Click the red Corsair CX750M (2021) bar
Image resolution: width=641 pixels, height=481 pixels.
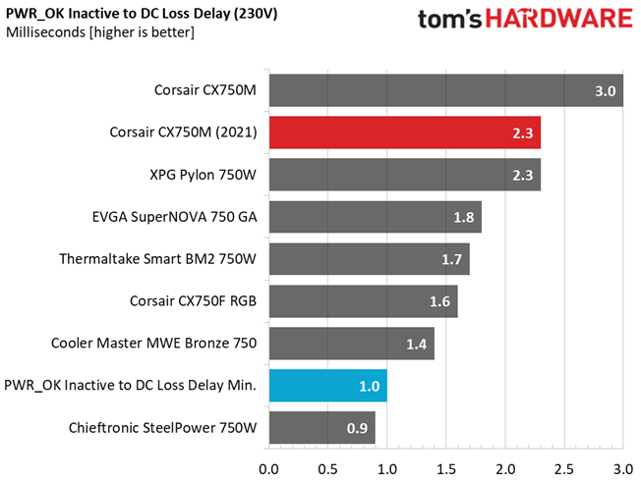point(405,133)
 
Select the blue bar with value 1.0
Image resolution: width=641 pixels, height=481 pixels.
point(328,386)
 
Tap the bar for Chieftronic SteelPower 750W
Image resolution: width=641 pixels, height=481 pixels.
point(322,428)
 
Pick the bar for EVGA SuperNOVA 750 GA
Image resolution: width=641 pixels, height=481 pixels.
point(376,217)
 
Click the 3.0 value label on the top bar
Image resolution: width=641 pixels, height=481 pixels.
point(605,90)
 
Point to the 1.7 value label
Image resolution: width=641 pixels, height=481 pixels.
point(451,259)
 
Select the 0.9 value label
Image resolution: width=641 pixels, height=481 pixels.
point(357,428)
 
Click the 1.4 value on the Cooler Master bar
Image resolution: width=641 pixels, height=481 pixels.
point(417,344)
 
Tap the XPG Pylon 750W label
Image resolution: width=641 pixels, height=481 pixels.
point(203,175)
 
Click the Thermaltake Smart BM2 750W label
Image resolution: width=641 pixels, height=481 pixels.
point(158,259)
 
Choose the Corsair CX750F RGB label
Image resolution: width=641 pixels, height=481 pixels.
point(193,301)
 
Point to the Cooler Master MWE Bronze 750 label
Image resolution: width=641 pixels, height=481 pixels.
point(153,343)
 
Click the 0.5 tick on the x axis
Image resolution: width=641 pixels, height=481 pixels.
point(328,469)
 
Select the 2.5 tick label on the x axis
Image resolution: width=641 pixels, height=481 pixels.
point(564,469)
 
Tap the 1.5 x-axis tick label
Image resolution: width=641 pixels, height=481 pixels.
point(446,469)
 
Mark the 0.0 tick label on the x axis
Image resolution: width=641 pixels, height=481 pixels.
point(269,469)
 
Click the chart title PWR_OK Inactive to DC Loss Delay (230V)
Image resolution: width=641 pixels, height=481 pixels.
point(142,14)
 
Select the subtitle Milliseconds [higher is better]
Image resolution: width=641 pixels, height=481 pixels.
point(100,32)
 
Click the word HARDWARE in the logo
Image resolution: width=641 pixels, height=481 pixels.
point(558,19)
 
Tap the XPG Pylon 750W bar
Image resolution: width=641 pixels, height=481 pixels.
point(405,175)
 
